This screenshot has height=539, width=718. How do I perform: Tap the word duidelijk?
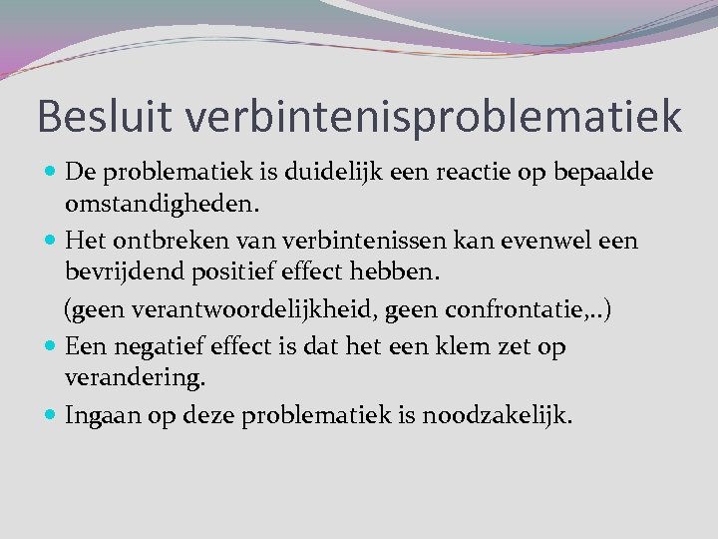(333, 172)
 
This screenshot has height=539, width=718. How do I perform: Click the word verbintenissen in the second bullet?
(338, 242)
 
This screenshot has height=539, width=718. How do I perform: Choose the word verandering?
(134, 379)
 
